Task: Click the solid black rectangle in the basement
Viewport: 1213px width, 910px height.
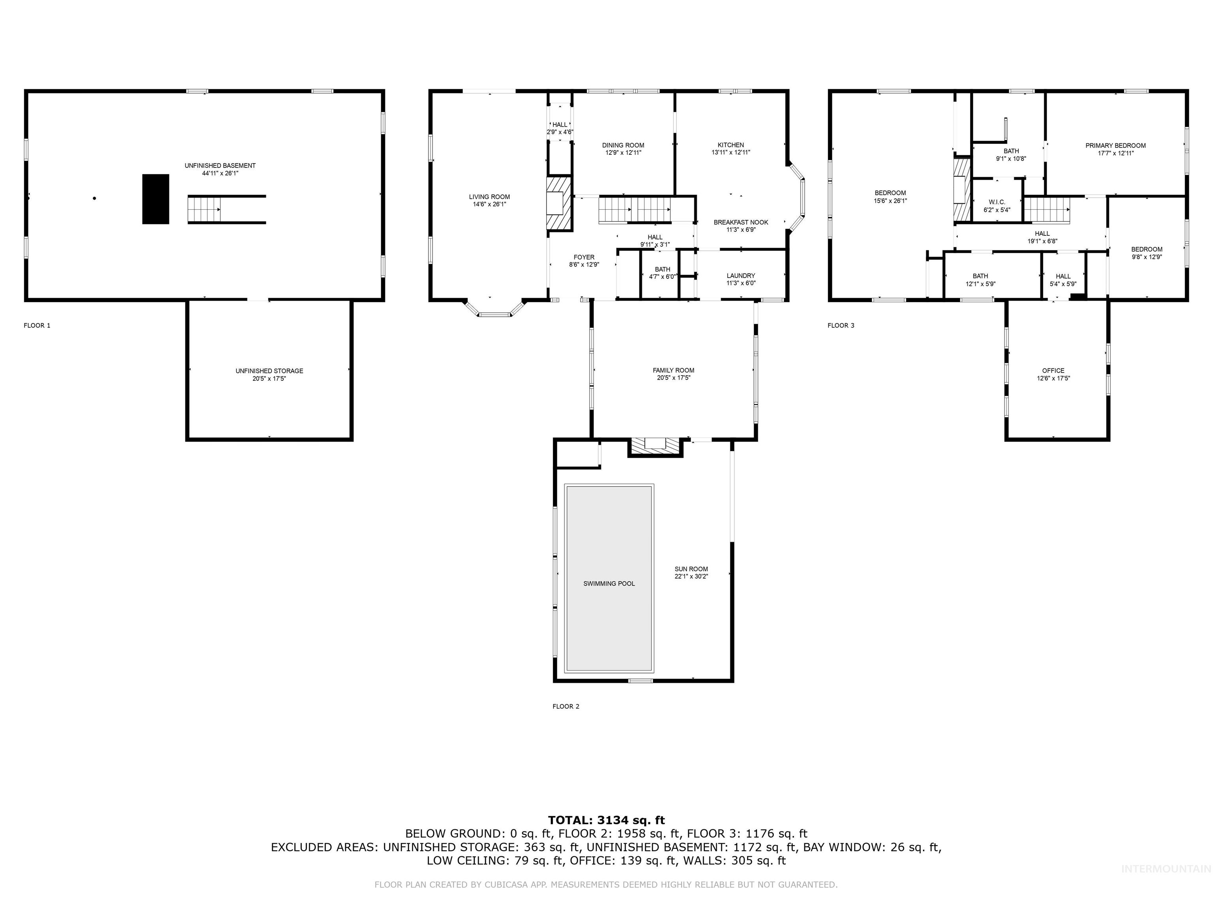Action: point(156,199)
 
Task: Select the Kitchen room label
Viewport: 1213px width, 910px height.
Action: point(730,145)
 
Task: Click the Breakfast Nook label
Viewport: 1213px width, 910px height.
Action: point(740,222)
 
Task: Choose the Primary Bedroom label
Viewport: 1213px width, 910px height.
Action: point(1115,145)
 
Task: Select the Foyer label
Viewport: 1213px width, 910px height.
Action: point(584,257)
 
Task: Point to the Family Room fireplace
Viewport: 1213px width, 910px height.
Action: point(655,446)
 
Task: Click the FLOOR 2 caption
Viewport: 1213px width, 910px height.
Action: point(565,706)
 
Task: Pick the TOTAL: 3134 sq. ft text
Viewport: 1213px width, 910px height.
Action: point(606,820)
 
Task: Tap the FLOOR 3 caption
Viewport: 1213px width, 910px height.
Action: point(841,325)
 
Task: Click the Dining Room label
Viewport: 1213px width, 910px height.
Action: point(623,145)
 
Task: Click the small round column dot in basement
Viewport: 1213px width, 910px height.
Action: point(94,198)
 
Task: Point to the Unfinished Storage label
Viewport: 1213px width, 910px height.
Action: point(269,371)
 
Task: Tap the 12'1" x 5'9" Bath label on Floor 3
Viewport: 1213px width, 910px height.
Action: point(980,284)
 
